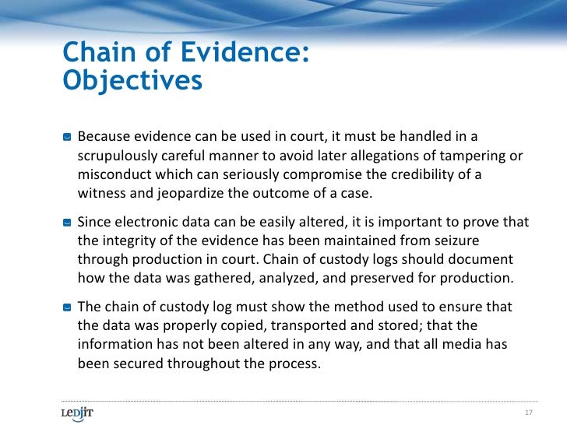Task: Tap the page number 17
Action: pos(529,412)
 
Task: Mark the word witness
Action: pos(101,193)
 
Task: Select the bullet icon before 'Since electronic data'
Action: pos(67,222)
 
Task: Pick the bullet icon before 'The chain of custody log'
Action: pos(67,307)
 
